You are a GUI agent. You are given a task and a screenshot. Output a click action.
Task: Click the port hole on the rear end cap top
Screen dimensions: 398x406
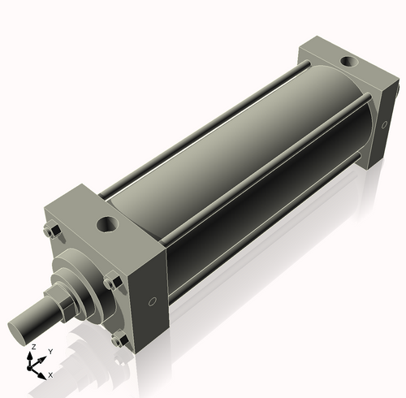pyautogui.click(x=348, y=60)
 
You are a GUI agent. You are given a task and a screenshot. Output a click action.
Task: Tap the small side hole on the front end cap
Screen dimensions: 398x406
pyautogui.click(x=153, y=303)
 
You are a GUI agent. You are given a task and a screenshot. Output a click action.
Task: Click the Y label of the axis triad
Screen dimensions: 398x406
pyautogui.click(x=50, y=351)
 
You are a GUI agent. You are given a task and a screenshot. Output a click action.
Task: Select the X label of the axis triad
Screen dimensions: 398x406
pyautogui.click(x=50, y=374)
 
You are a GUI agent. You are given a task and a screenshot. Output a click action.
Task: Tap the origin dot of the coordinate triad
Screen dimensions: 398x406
pyautogui.click(x=33, y=366)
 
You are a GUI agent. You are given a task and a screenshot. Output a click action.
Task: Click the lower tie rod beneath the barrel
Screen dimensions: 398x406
pyautogui.click(x=260, y=244)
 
